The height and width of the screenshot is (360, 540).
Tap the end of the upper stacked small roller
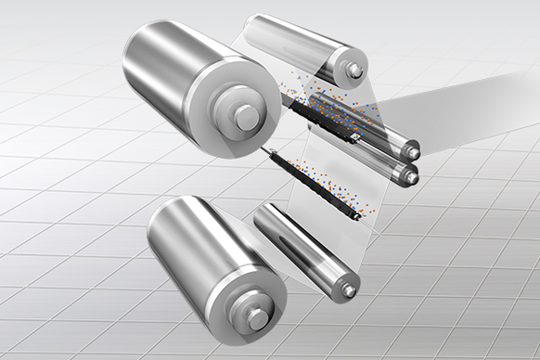coord(408,149)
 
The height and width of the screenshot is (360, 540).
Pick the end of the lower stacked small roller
coord(408,174)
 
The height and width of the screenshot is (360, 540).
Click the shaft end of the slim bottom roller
coord(348,290)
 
